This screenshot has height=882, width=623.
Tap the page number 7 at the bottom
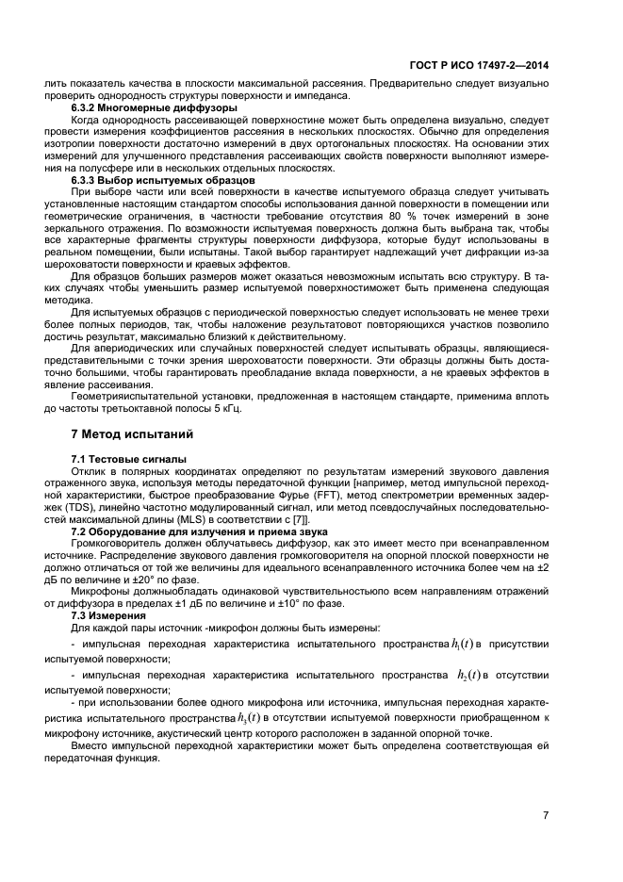coord(547,815)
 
